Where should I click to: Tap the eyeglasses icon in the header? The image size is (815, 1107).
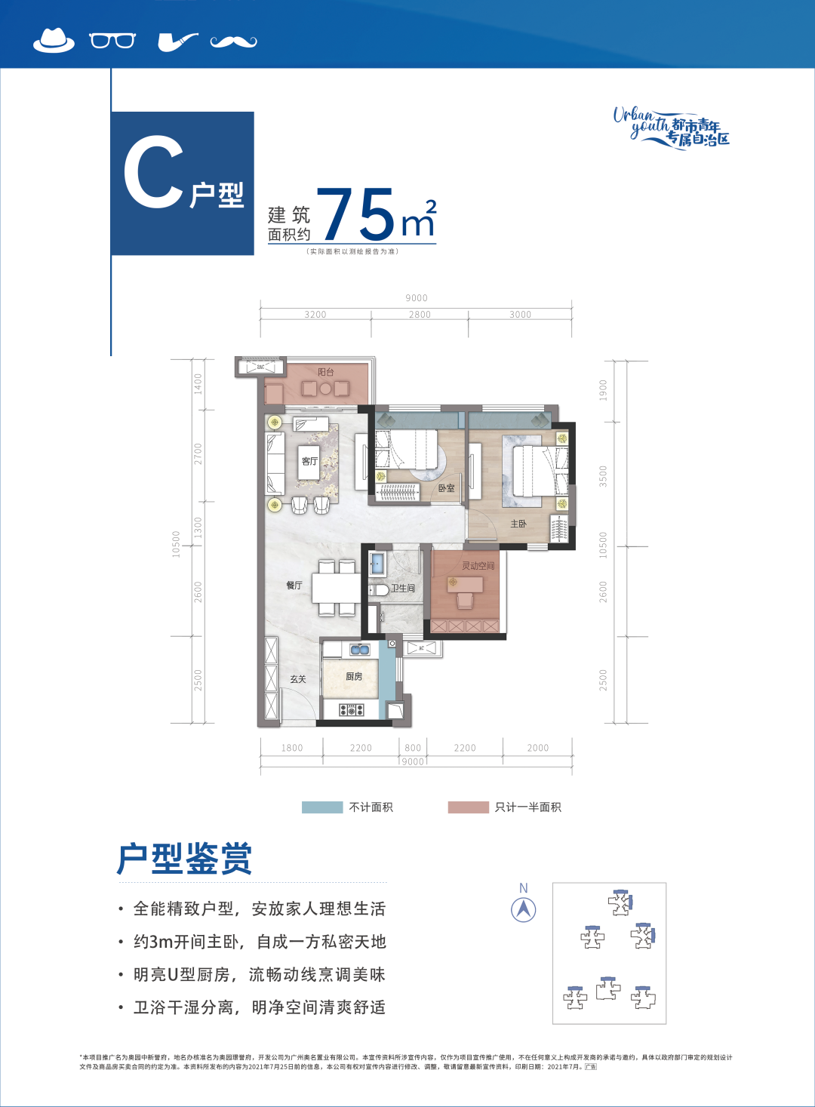tap(112, 40)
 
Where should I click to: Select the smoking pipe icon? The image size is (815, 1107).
tap(177, 42)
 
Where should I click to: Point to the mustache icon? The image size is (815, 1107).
tap(233, 42)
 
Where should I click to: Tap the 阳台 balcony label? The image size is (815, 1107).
tap(325, 372)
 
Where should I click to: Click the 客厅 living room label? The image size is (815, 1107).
tap(309, 461)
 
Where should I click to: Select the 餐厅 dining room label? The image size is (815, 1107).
tap(294, 586)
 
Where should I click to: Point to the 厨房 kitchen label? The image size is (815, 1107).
tap(354, 677)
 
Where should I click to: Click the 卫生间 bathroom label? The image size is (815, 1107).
tap(403, 589)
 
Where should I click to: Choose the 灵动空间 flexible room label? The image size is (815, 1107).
tap(478, 565)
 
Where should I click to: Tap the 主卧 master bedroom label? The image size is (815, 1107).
tap(518, 524)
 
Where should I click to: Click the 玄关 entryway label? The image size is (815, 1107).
tap(298, 679)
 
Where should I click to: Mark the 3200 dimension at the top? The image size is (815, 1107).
tap(315, 315)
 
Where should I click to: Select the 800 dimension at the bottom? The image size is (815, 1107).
tap(413, 748)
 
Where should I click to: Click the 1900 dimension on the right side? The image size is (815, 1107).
tap(603, 390)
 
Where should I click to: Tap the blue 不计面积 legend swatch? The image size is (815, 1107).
tap(322, 807)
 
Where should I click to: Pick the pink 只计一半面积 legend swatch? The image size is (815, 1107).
tap(468, 807)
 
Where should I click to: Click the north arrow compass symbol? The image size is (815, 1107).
tap(524, 909)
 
